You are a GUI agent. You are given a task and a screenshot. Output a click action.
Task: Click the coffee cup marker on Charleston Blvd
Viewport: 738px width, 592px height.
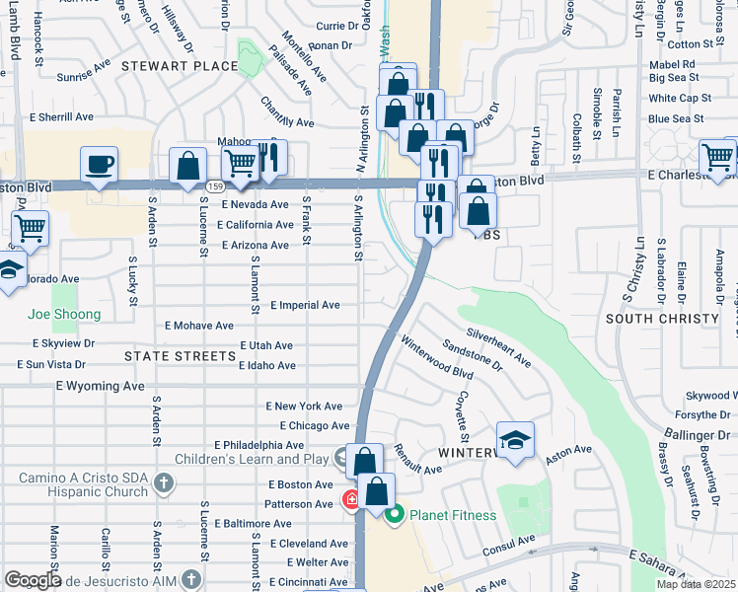click(x=99, y=165)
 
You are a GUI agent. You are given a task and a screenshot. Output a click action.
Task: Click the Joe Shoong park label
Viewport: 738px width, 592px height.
click(x=65, y=315)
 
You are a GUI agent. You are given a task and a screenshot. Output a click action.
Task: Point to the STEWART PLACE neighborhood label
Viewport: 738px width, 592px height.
click(x=180, y=66)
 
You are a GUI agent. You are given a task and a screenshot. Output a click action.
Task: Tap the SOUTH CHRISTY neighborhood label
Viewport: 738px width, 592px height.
click(x=662, y=319)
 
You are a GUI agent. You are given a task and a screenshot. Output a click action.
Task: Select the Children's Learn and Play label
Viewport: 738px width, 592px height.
click(x=251, y=459)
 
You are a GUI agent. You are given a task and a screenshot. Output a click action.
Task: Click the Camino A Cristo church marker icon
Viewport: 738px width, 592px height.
click(x=164, y=483)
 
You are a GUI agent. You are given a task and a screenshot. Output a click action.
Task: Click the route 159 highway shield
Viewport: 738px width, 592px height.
click(x=213, y=185)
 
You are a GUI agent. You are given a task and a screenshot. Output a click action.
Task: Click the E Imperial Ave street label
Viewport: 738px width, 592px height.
click(x=304, y=305)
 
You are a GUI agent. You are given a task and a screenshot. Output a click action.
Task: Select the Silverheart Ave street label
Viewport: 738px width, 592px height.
click(x=499, y=347)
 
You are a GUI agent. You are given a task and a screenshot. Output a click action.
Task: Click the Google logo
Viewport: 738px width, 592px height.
click(x=33, y=580)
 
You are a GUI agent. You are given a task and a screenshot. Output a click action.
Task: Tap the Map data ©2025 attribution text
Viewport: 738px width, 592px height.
click(x=695, y=584)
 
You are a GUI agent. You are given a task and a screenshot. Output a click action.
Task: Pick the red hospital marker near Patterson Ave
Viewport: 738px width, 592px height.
click(x=350, y=500)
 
